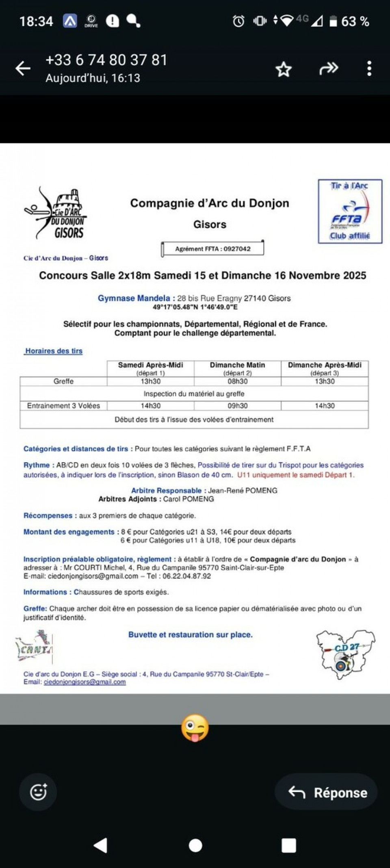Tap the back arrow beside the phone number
click(x=23, y=68)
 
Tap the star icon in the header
click(x=284, y=69)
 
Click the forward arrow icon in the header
click(x=329, y=68)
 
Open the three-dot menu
click(x=369, y=68)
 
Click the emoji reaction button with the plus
click(x=39, y=792)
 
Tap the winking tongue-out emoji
click(x=195, y=728)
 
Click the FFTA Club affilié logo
click(x=350, y=211)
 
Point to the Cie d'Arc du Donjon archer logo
click(x=56, y=213)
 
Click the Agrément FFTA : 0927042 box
click(x=212, y=249)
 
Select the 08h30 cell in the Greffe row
click(x=237, y=381)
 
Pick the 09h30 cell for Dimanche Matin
click(x=237, y=406)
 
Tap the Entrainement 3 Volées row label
click(x=63, y=406)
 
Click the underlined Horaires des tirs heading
click(x=54, y=351)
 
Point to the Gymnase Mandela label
click(x=134, y=298)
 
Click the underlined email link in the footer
click(x=84, y=682)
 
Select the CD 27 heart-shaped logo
click(x=345, y=654)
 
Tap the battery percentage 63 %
click(x=355, y=21)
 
